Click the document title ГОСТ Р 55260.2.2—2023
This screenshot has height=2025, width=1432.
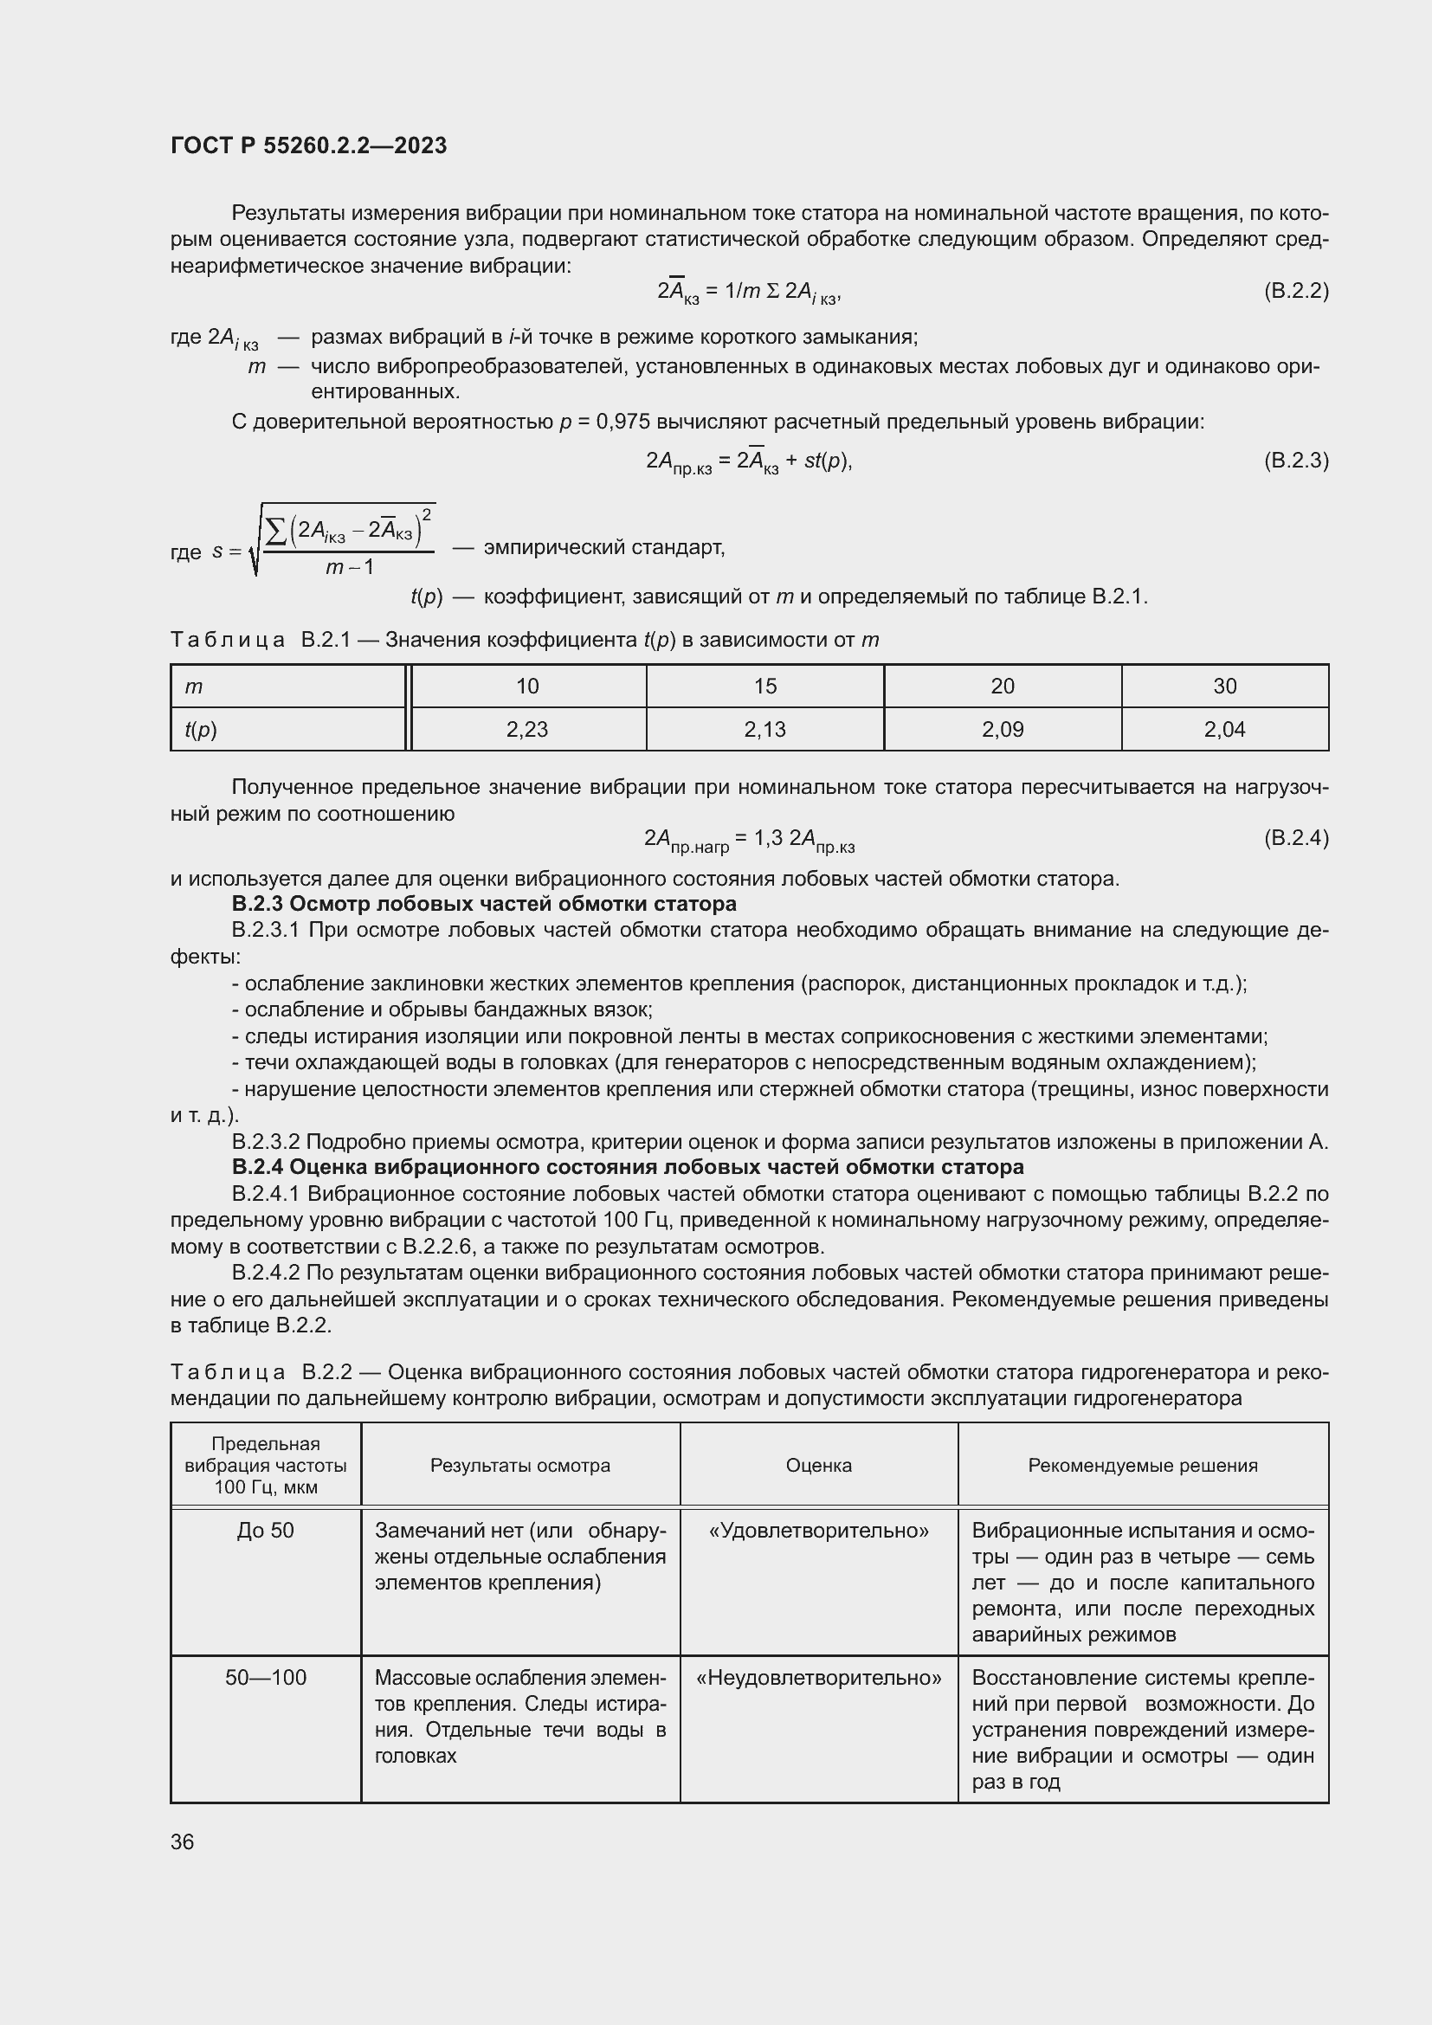click(x=308, y=145)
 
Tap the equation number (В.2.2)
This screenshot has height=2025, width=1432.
click(x=1295, y=290)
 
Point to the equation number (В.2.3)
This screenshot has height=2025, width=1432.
click(x=1295, y=460)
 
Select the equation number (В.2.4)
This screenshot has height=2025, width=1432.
click(x=1295, y=837)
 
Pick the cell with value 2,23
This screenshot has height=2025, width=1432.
click(x=527, y=729)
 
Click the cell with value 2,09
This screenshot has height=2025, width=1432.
click(x=1003, y=729)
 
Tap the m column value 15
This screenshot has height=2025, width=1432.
click(x=764, y=687)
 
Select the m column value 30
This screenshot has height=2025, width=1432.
click(x=1225, y=687)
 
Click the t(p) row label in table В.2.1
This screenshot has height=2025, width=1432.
click(x=201, y=729)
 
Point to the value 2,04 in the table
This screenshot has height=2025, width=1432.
click(x=1225, y=729)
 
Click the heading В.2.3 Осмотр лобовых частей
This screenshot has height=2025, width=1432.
click(x=484, y=904)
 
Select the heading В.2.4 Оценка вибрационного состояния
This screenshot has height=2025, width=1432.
click(x=628, y=1167)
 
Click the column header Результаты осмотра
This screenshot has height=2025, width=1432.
click(x=520, y=1465)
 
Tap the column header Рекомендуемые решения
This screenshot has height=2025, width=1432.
click(x=1143, y=1465)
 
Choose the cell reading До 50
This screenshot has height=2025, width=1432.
click(x=266, y=1530)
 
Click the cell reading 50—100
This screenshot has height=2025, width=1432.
click(x=266, y=1678)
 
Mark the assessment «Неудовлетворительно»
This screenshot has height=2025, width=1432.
click(x=818, y=1678)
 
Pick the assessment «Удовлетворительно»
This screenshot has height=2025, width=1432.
click(x=818, y=1530)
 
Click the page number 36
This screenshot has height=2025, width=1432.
click(x=183, y=1842)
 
